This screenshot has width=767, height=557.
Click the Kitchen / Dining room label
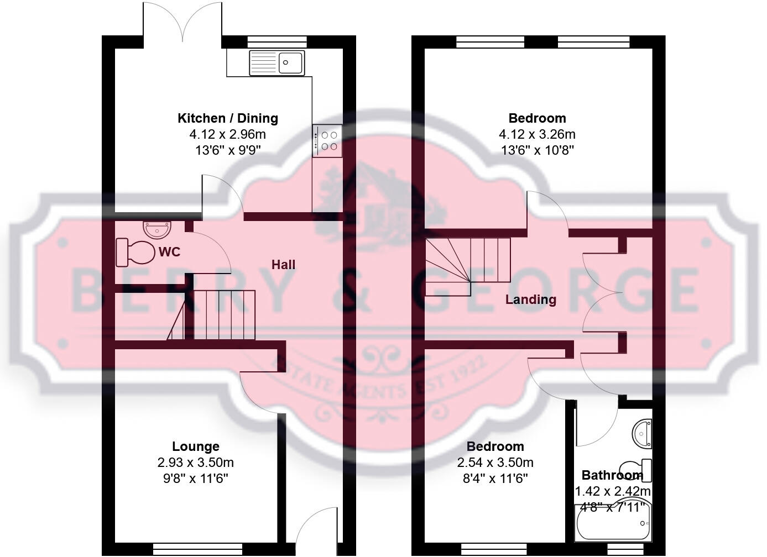pos(227,118)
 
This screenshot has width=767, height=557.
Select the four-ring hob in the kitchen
pos(327,140)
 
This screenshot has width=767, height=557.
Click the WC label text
pos(169,252)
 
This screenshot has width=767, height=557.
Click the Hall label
pos(283,265)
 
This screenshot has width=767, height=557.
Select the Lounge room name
pos(195,446)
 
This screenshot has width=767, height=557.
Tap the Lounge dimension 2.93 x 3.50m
pos(195,463)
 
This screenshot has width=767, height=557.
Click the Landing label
pos(531,299)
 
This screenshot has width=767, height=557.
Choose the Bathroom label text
pos(612,475)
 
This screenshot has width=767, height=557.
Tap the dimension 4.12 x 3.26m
pos(537,134)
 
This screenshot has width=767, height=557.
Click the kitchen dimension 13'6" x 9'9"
pos(227,150)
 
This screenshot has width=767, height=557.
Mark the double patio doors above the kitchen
pos(183,22)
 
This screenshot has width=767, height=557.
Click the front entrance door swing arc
pos(316,528)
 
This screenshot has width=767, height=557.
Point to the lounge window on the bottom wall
pos(197,549)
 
